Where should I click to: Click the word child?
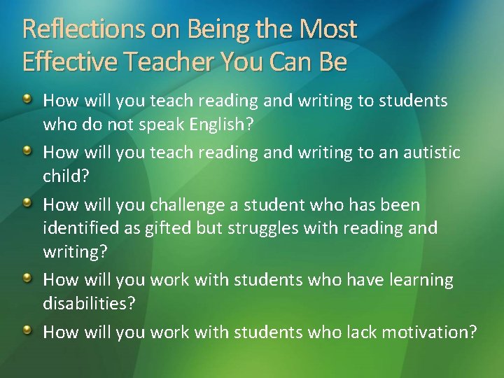[x=65, y=175]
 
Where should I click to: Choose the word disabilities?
[x=89, y=302]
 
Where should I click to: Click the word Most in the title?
[x=328, y=29]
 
